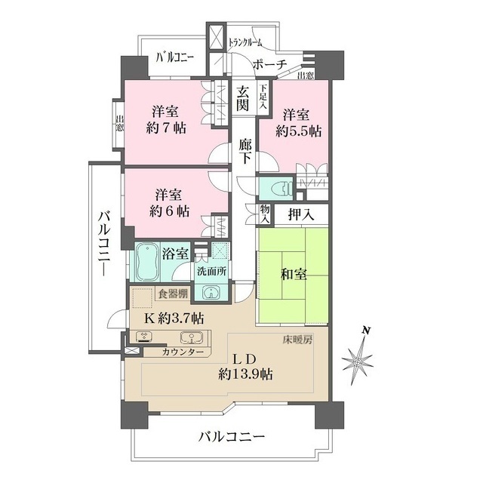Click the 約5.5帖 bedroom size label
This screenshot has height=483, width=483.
pyautogui.click(x=298, y=131)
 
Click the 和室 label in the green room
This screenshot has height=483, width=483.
pyautogui.click(x=294, y=275)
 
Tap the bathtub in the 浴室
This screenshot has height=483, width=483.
pyautogui.click(x=147, y=262)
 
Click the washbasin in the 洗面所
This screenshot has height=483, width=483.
pyautogui.click(x=209, y=292)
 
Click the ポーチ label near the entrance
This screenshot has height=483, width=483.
pyautogui.click(x=269, y=64)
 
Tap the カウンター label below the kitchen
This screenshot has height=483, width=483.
pyautogui.click(x=181, y=352)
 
